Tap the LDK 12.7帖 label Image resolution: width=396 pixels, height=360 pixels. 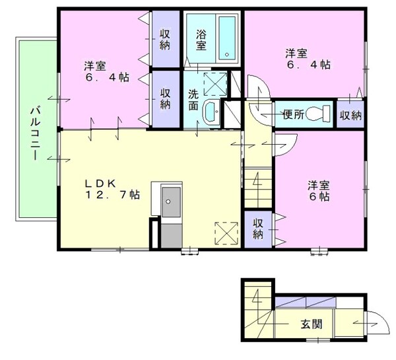click(110, 189)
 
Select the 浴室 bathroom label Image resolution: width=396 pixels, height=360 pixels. click(201, 36)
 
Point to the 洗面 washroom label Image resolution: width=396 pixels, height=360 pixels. click(193, 100)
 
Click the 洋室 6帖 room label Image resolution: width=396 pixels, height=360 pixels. click(318, 191)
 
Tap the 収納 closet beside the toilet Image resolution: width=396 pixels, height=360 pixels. click(350, 115)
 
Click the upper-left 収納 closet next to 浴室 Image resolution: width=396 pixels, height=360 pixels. click(165, 38)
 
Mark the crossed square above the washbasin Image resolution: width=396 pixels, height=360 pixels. click(214, 82)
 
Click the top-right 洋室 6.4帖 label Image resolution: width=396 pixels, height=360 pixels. click(308, 59)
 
